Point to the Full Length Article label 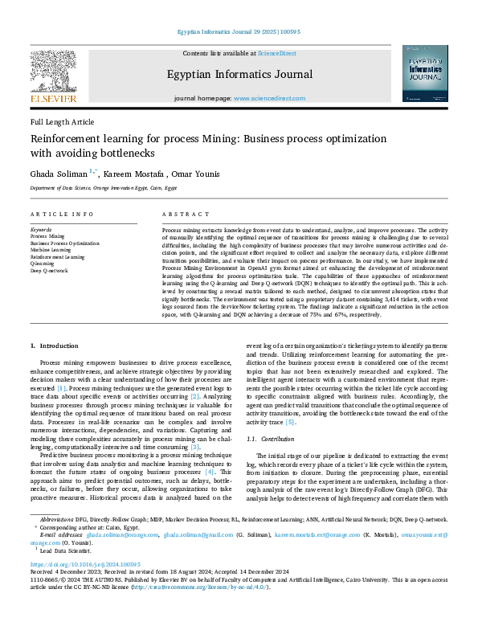(x=62, y=122)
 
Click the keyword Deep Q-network (x=49, y=271)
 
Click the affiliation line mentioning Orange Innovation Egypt (x=103, y=188)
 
